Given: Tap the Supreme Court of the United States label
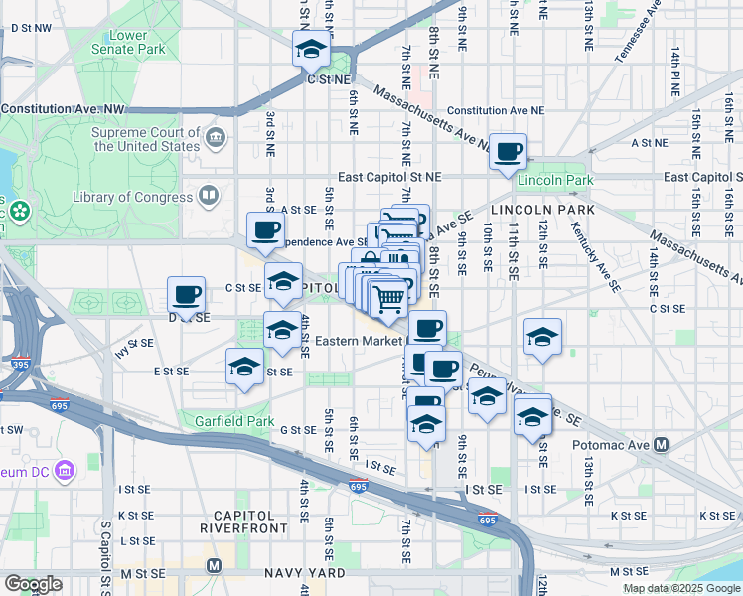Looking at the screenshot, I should [x=145, y=139].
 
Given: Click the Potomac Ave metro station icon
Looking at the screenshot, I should [x=660, y=445].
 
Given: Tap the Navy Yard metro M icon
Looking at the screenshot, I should [x=213, y=566].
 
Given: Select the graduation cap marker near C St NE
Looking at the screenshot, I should [x=311, y=48].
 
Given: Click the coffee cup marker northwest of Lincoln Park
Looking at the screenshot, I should [x=509, y=151].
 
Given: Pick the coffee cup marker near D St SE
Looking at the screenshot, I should [x=186, y=294].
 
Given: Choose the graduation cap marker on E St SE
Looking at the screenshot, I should [x=245, y=367].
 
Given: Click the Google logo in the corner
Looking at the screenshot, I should [x=33, y=584].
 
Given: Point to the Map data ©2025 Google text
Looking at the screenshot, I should [x=680, y=588].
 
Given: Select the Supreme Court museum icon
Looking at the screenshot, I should [x=216, y=135].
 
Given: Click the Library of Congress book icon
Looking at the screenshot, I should [x=208, y=195].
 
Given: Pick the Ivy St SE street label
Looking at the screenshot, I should [x=134, y=346].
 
